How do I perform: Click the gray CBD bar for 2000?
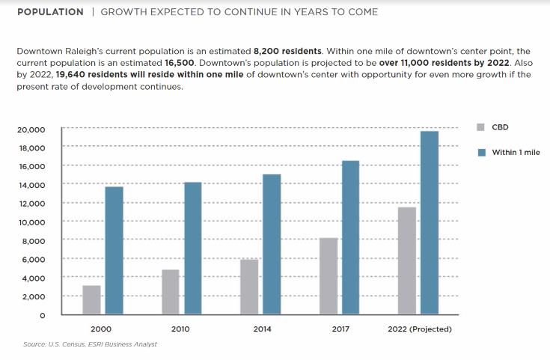(x=91, y=300)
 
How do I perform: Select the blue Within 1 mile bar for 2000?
(x=114, y=251)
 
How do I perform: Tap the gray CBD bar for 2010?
(x=171, y=292)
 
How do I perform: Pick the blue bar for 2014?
(x=272, y=244)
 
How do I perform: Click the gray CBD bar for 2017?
(x=329, y=276)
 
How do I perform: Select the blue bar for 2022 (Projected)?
(x=430, y=223)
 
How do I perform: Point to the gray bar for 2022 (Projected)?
(x=407, y=260)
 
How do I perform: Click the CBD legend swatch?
(x=481, y=127)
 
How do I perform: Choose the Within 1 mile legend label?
(x=516, y=152)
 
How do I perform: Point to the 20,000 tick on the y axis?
(x=31, y=129)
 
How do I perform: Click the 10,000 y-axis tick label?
(x=31, y=222)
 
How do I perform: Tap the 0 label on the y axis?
(x=42, y=316)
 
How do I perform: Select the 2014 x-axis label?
(x=262, y=329)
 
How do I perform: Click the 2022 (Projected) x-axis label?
(x=419, y=329)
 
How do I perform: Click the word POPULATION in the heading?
(x=50, y=12)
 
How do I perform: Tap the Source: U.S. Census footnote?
(x=90, y=344)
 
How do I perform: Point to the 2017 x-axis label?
(x=340, y=329)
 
